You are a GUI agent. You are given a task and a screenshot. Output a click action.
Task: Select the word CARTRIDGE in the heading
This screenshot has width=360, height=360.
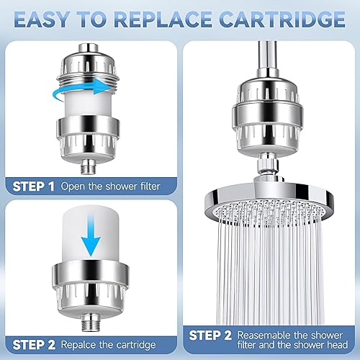coord(280,18)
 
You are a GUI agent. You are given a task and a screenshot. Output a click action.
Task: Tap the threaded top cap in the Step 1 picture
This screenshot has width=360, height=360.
coord(91,60)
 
